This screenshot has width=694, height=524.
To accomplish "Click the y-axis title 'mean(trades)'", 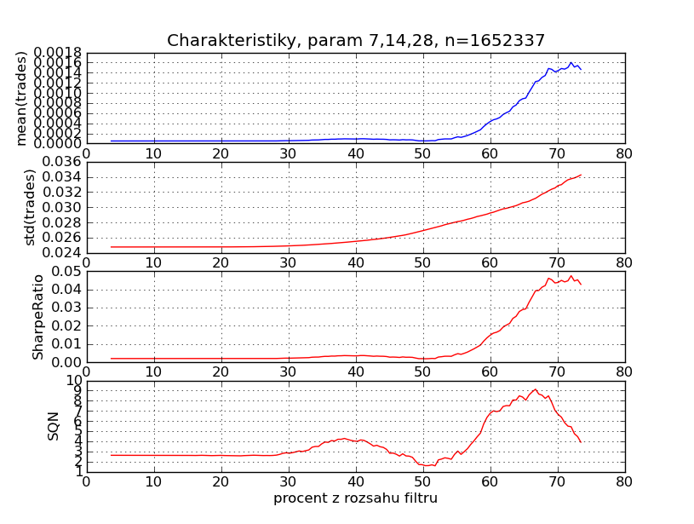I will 22,98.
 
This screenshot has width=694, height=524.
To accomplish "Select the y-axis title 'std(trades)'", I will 31,207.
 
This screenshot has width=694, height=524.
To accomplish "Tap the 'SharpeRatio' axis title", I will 37,317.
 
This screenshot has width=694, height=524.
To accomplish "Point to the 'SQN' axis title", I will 54,425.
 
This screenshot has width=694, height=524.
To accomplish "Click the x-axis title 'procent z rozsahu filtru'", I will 355,498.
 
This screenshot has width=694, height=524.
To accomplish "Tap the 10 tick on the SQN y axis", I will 73,381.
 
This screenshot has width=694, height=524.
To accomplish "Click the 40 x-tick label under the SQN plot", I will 355,481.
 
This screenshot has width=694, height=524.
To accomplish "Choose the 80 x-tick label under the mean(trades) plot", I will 624,153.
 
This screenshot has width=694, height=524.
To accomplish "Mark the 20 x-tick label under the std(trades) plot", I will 221,262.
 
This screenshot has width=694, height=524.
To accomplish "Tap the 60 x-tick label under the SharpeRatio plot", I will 490,372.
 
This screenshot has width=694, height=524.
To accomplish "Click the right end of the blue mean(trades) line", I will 581,69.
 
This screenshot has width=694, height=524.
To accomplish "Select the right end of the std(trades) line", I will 581,175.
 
